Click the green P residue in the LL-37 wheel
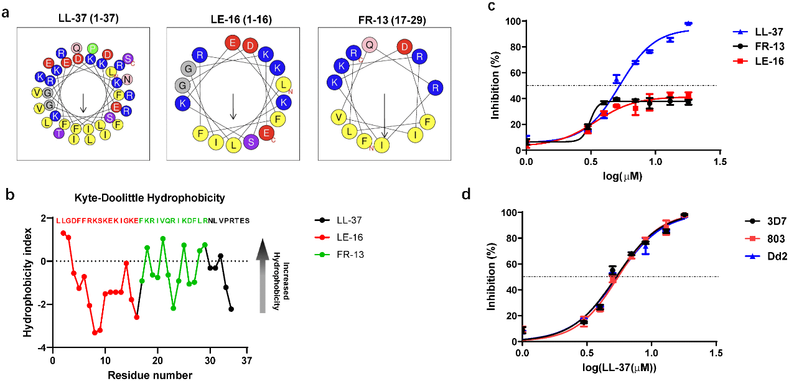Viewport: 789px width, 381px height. click(93, 49)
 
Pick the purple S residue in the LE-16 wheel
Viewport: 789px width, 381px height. click(251, 141)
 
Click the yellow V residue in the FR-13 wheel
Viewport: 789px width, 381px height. click(339, 116)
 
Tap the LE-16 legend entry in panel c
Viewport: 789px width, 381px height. click(763, 62)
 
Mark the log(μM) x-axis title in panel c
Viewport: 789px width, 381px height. click(622, 176)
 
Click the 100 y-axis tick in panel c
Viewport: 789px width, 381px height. click(511, 21)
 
